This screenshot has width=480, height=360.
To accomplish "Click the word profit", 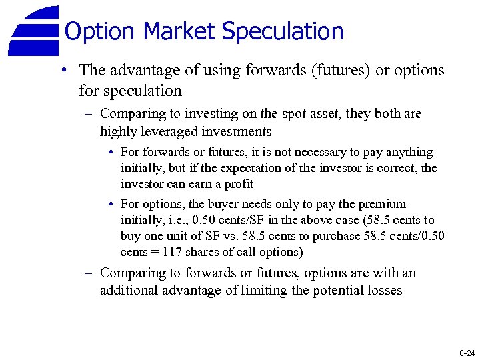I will coord(239,184).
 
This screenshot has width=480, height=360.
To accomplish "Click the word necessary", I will coord(283,152).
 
